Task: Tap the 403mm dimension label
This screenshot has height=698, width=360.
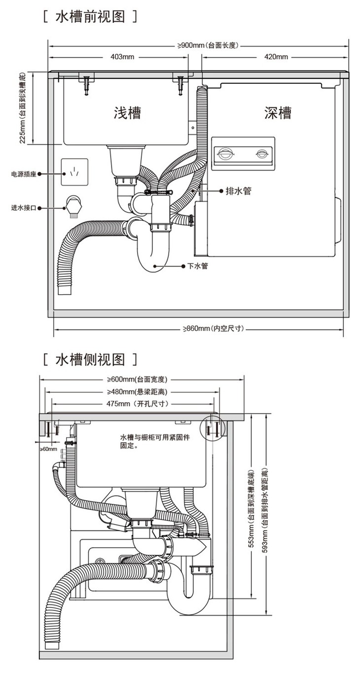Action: coord(122,57)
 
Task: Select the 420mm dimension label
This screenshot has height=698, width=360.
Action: coord(276,57)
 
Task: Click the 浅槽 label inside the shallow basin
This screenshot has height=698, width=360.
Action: coord(127,113)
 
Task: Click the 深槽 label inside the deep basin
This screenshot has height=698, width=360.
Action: coord(278,113)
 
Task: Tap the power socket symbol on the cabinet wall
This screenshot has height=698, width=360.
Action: coord(74,172)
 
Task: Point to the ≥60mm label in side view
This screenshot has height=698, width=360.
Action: coord(48,449)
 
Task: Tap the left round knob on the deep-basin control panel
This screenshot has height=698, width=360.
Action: coord(224,153)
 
